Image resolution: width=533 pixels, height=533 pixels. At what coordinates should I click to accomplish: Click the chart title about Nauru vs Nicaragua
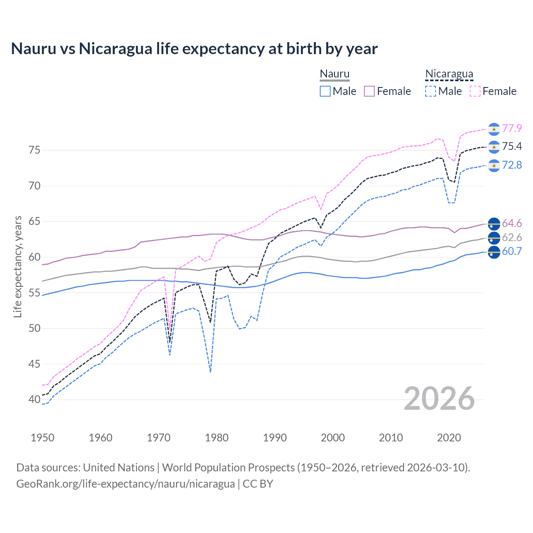coord(194,49)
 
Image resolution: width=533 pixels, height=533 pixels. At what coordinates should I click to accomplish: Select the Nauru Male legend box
coord(325,91)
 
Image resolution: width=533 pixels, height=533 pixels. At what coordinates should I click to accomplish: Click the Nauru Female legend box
coord(369,91)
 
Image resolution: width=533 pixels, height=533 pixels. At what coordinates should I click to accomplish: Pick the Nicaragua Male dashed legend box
coord(431,91)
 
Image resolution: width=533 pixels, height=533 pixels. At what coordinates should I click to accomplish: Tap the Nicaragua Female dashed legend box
coord(475,91)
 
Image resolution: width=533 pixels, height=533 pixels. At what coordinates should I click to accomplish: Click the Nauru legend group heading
coord(334,74)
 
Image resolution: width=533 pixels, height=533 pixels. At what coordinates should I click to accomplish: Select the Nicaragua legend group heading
coord(449,74)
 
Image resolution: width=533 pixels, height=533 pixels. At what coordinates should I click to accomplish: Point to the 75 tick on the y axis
coord(35,150)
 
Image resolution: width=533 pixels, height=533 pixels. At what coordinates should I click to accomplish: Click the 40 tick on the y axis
coord(35,399)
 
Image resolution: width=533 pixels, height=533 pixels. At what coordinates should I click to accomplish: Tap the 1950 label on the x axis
coord(42,438)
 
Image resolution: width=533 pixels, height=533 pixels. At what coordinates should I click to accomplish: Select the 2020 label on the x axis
coord(449,438)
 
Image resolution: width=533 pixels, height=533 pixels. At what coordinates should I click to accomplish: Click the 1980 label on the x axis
coord(217,438)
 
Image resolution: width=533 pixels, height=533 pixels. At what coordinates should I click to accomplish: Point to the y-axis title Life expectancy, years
coord(17,266)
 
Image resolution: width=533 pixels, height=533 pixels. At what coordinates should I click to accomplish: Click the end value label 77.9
coord(512,128)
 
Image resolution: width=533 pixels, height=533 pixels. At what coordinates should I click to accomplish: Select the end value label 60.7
coord(512,251)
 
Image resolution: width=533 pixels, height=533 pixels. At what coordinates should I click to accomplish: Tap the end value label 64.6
coord(512,224)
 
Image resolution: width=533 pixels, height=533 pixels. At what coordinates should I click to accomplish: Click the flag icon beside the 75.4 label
coord(494,147)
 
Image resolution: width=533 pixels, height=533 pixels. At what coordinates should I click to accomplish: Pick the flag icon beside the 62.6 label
coord(494,238)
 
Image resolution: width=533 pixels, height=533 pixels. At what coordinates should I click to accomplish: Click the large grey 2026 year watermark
coord(439,399)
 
